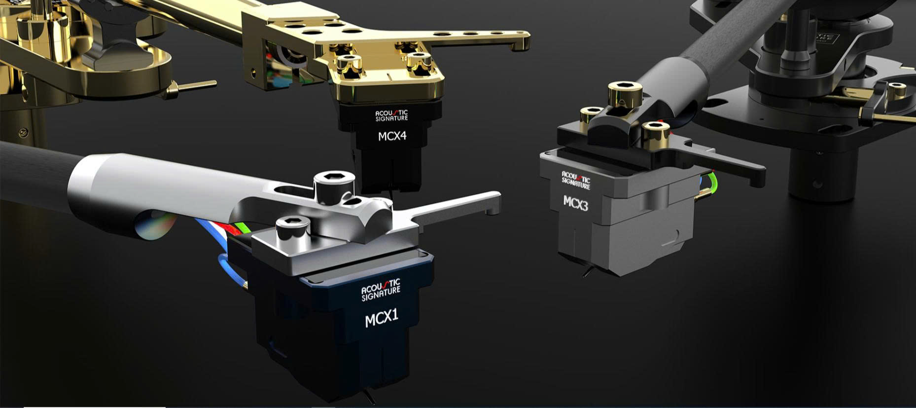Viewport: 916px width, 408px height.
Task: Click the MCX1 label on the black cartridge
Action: click(382, 318)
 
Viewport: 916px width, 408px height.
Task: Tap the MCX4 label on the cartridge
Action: click(392, 136)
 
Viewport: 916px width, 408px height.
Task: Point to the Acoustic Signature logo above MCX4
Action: click(391, 115)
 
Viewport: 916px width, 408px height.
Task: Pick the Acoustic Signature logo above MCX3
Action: click(576, 180)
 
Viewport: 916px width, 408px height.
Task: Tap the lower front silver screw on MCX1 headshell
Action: click(293, 230)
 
